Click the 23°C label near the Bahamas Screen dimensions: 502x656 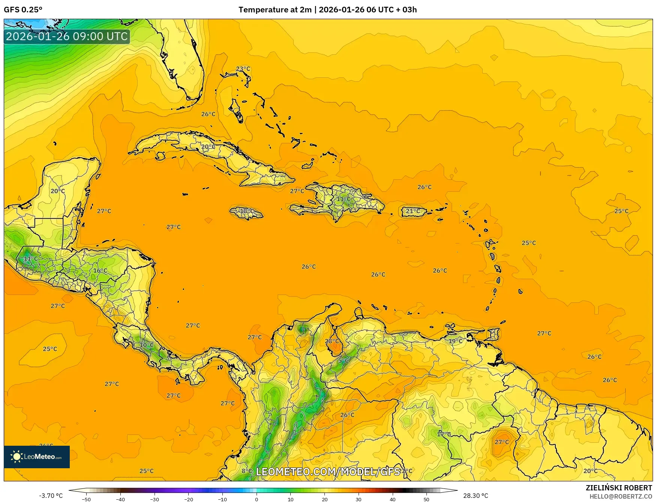pyautogui.click(x=243, y=69)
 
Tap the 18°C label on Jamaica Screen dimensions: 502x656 pyautogui.click(x=246, y=211)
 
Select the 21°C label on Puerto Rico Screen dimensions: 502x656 pyautogui.click(x=413, y=211)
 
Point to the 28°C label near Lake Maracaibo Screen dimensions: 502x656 pyautogui.click(x=332, y=341)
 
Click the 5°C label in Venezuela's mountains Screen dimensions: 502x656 pyautogui.click(x=343, y=361)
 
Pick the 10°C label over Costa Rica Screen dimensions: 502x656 pyautogui.click(x=147, y=345)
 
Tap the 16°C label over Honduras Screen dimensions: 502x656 pyautogui.click(x=100, y=271)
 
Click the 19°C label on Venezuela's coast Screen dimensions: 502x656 pyautogui.click(x=456, y=341)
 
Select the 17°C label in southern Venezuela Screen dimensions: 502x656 pyautogui.click(x=444, y=434)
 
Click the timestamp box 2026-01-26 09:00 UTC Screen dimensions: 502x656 pyautogui.click(x=67, y=36)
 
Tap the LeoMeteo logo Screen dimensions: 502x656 pyautogui.click(x=37, y=457)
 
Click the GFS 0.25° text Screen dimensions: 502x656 pyautogui.click(x=23, y=10)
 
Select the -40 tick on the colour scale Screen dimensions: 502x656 pyautogui.click(x=120, y=499)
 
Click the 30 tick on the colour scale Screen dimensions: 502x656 pyautogui.click(x=359, y=499)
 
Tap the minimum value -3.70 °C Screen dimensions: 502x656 pyautogui.click(x=51, y=496)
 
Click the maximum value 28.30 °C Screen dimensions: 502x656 pyautogui.click(x=476, y=496)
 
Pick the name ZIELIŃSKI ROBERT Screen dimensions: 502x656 pyautogui.click(x=619, y=488)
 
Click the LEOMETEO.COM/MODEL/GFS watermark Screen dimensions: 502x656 pyautogui.click(x=328, y=471)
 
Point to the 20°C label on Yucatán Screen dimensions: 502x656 pyautogui.click(x=58, y=191)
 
